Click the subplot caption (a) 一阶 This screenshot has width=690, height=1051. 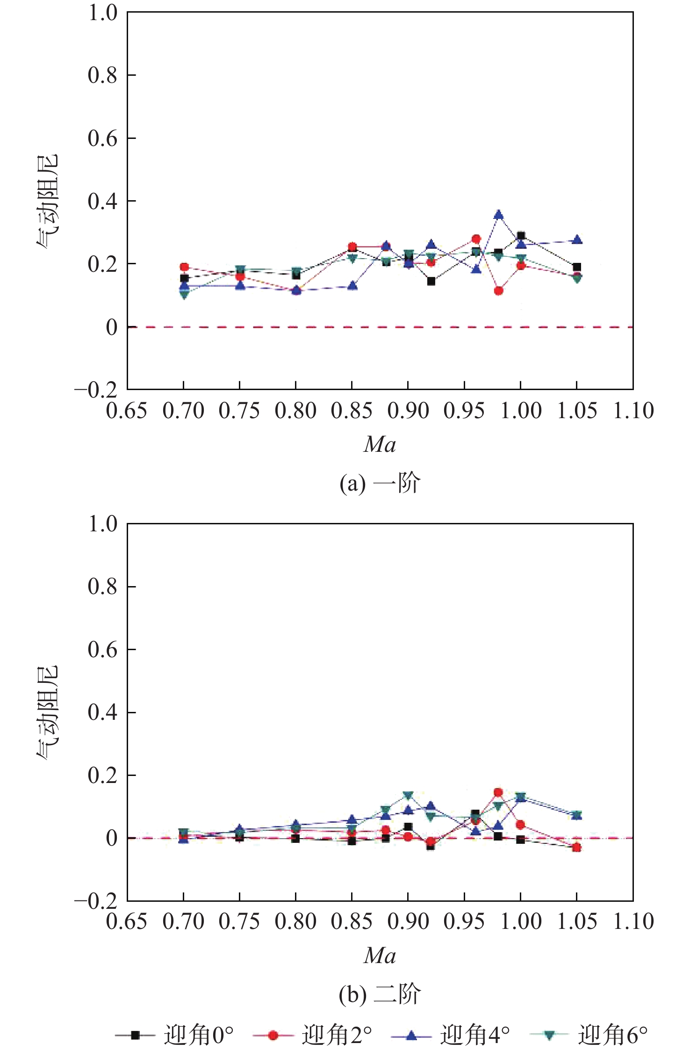point(380,483)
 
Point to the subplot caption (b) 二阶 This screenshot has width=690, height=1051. point(380,994)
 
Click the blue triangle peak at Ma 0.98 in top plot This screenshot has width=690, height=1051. point(499,215)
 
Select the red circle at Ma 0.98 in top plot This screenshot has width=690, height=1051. point(499,291)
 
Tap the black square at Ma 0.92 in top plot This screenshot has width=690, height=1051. point(431,281)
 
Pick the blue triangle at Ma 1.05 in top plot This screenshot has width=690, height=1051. point(577,240)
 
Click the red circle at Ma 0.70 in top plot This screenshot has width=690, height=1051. point(184,267)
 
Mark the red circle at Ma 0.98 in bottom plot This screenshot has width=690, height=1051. point(498,792)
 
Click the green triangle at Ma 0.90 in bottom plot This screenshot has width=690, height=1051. point(408,795)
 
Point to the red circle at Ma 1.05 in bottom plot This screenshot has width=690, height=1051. point(577,848)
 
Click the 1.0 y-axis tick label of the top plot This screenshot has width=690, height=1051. point(103,13)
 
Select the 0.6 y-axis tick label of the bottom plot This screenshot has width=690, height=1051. point(103,649)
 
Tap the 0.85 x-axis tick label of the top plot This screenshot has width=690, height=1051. point(352,411)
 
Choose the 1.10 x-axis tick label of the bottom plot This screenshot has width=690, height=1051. point(633,921)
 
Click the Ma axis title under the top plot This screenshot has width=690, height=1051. point(380,444)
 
